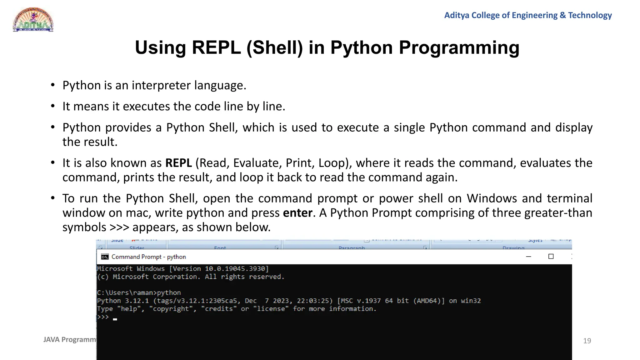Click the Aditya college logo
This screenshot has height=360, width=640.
33,20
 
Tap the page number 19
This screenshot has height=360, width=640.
587,341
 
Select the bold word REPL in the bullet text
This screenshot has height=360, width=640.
178,163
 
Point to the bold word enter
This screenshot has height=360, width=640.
297,213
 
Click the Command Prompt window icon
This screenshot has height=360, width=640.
105,257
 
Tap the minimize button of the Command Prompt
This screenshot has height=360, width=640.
528,257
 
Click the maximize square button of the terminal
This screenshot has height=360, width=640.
551,257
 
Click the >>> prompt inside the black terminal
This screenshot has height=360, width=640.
103,317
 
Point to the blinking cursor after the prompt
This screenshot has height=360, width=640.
115,319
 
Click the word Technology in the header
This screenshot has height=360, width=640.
590,15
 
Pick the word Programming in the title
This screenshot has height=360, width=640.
459,48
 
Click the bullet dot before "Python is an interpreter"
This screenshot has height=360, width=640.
53,85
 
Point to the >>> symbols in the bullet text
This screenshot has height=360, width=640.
119,227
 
